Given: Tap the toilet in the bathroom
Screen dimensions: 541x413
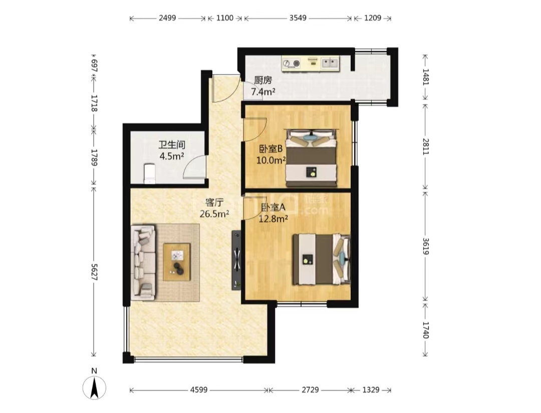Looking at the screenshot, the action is [x=150, y=174].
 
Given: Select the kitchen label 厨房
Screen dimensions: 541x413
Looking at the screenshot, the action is [x=263, y=80].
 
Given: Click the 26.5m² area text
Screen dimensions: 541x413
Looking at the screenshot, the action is [x=214, y=214].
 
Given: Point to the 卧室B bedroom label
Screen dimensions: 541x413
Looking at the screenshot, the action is [x=271, y=149].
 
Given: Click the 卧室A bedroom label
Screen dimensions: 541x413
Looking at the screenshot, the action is [x=274, y=208].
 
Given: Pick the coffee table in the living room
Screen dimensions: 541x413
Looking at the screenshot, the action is [x=177, y=262].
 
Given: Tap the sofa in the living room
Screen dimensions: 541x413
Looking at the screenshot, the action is [x=143, y=262].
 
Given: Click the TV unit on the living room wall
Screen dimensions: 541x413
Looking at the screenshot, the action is [x=236, y=260].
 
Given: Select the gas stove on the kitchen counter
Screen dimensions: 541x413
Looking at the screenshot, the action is [x=292, y=63].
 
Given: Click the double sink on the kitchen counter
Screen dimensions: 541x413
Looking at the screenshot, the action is [x=330, y=63].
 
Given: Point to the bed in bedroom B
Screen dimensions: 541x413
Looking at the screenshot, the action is [x=311, y=158].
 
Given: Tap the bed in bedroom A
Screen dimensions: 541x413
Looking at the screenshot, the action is [x=321, y=260].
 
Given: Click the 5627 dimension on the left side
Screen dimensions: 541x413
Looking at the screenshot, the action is [x=94, y=272].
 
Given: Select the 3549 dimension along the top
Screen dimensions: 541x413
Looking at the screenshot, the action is [x=298, y=18].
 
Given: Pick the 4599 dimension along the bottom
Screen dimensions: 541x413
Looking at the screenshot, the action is [x=199, y=390].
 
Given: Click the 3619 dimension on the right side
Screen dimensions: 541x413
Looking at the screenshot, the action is [x=426, y=246].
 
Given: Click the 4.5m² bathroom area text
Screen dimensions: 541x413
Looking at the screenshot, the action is [x=171, y=156].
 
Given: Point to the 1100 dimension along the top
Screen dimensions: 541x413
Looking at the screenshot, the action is [x=225, y=18].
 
